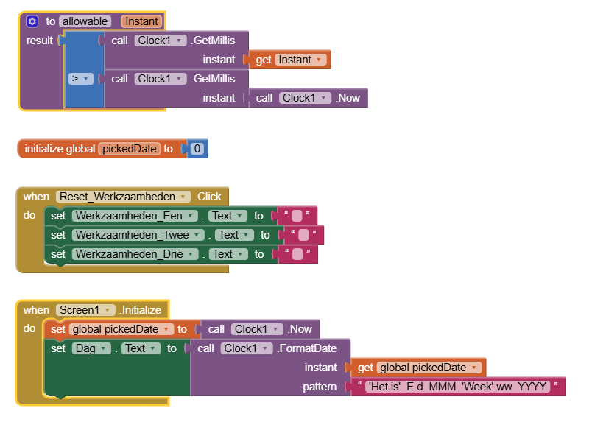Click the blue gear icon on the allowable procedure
coord(32,21)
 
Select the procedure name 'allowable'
coord(85,21)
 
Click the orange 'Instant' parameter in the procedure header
coord(141,21)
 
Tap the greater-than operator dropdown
coord(81,79)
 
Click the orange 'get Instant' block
coord(289,60)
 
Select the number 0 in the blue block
coord(197,149)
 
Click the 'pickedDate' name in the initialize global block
coord(130,149)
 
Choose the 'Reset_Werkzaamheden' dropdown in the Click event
coord(123,197)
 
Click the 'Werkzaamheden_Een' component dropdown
coord(135,216)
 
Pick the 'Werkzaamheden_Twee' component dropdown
coord(138,235)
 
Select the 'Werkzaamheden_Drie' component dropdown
coord(135,254)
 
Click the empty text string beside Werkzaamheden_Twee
coord(303,235)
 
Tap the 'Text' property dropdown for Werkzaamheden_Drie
coord(228,254)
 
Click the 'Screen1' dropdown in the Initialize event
coord(85,310)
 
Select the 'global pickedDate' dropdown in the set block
coord(121,329)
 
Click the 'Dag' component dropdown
coord(91,348)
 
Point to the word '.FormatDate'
coord(307,348)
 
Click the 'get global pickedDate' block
coord(418,368)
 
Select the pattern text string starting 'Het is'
coord(457,387)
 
